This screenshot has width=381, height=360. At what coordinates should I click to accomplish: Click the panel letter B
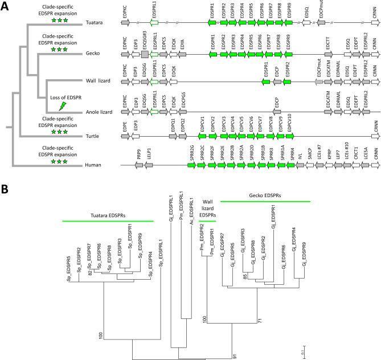(x=5, y=189)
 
